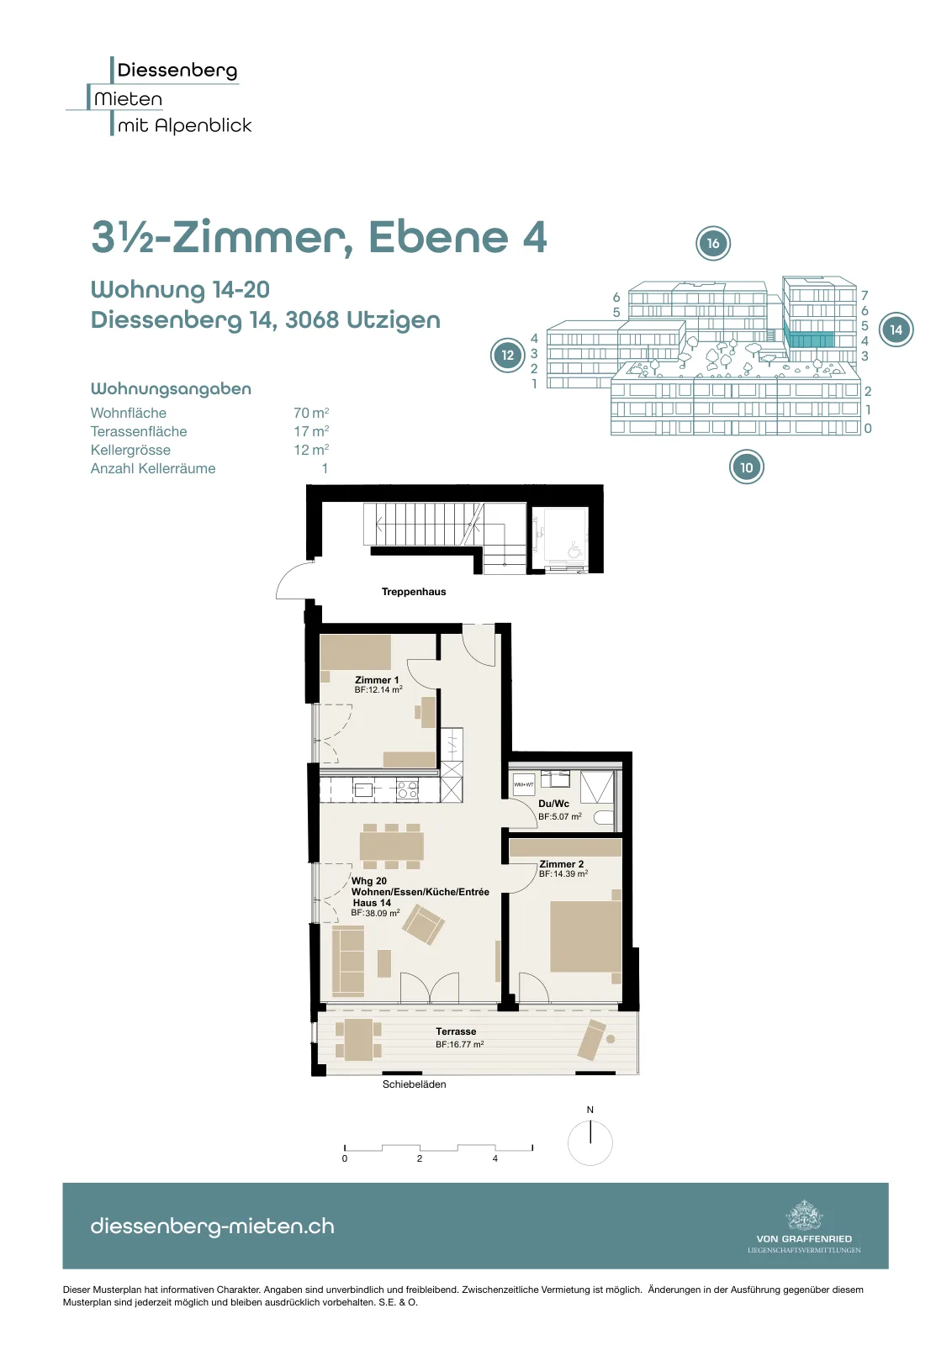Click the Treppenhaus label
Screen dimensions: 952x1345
coord(414,592)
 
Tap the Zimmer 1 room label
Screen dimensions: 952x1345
coord(377,680)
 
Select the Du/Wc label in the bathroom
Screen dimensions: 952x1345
coord(553,804)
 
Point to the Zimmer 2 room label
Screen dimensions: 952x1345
coord(562,864)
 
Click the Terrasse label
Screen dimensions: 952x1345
coord(456,1031)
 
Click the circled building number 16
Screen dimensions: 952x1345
coord(713,243)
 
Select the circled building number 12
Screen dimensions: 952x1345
coord(508,355)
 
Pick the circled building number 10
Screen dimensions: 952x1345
coord(747,467)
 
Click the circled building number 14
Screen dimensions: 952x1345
coord(896,330)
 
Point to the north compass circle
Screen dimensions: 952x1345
coord(590,1144)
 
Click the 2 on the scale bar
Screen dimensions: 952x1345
coord(420,1158)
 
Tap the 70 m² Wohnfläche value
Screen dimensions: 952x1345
coord(311,413)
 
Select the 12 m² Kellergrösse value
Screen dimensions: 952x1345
coord(311,450)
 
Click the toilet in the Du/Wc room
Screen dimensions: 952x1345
coord(603,818)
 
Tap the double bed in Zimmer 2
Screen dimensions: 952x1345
coord(585,936)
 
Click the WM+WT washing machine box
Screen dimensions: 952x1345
coord(524,785)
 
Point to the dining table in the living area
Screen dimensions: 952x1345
coord(392,847)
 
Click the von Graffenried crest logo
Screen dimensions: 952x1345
coord(804,1215)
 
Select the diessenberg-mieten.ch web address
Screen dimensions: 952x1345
coord(213,1226)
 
